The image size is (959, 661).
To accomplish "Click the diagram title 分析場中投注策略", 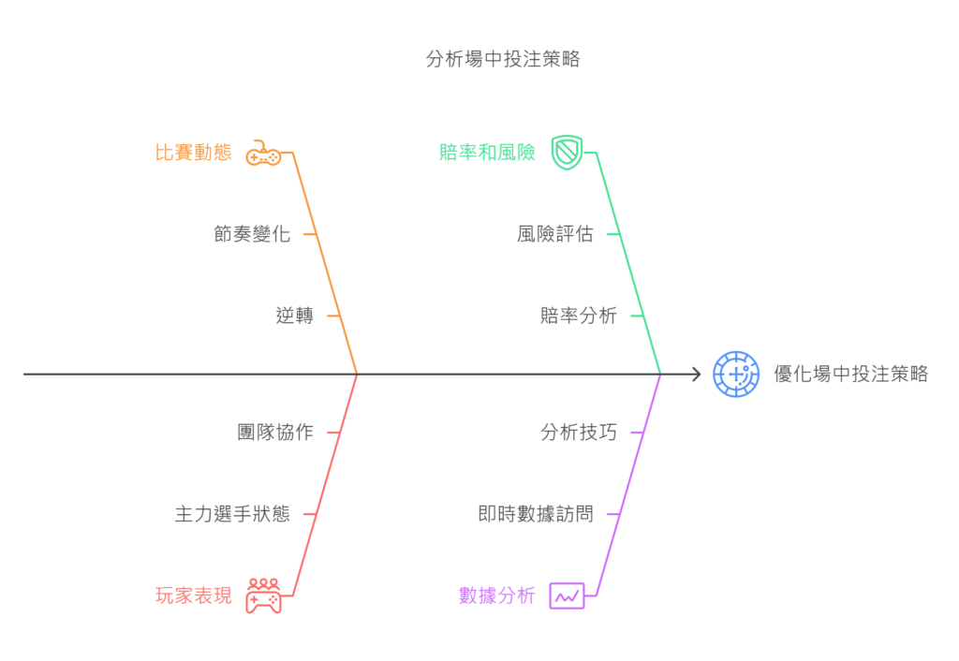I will coord(502,59).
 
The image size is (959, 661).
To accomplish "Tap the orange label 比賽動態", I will coord(193,153).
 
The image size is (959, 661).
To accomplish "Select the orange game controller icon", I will coord(263,153).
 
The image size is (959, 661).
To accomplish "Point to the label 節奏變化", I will coord(252,234).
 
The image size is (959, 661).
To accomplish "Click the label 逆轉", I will coord(294,316).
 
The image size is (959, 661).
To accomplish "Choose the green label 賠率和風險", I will coord(487,153).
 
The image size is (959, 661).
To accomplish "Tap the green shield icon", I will coord(567,152).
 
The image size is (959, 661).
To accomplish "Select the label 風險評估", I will coord(554,234).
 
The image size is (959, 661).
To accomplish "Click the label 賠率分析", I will coord(579,316).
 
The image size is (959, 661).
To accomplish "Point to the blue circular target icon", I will coord(736,375).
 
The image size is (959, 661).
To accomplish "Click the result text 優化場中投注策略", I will coord(850,375).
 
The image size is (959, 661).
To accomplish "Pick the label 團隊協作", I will coord(275,433).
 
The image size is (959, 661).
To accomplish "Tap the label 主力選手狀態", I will coord(232,514).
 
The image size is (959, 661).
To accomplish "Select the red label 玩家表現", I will coord(193,595).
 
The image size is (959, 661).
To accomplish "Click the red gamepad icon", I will coord(263,595).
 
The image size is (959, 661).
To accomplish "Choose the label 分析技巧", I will coord(579,433).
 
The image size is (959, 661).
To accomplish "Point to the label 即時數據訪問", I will coord(536,514).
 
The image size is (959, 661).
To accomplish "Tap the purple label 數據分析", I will coord(496,595).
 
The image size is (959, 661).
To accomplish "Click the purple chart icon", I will coord(567,595).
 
